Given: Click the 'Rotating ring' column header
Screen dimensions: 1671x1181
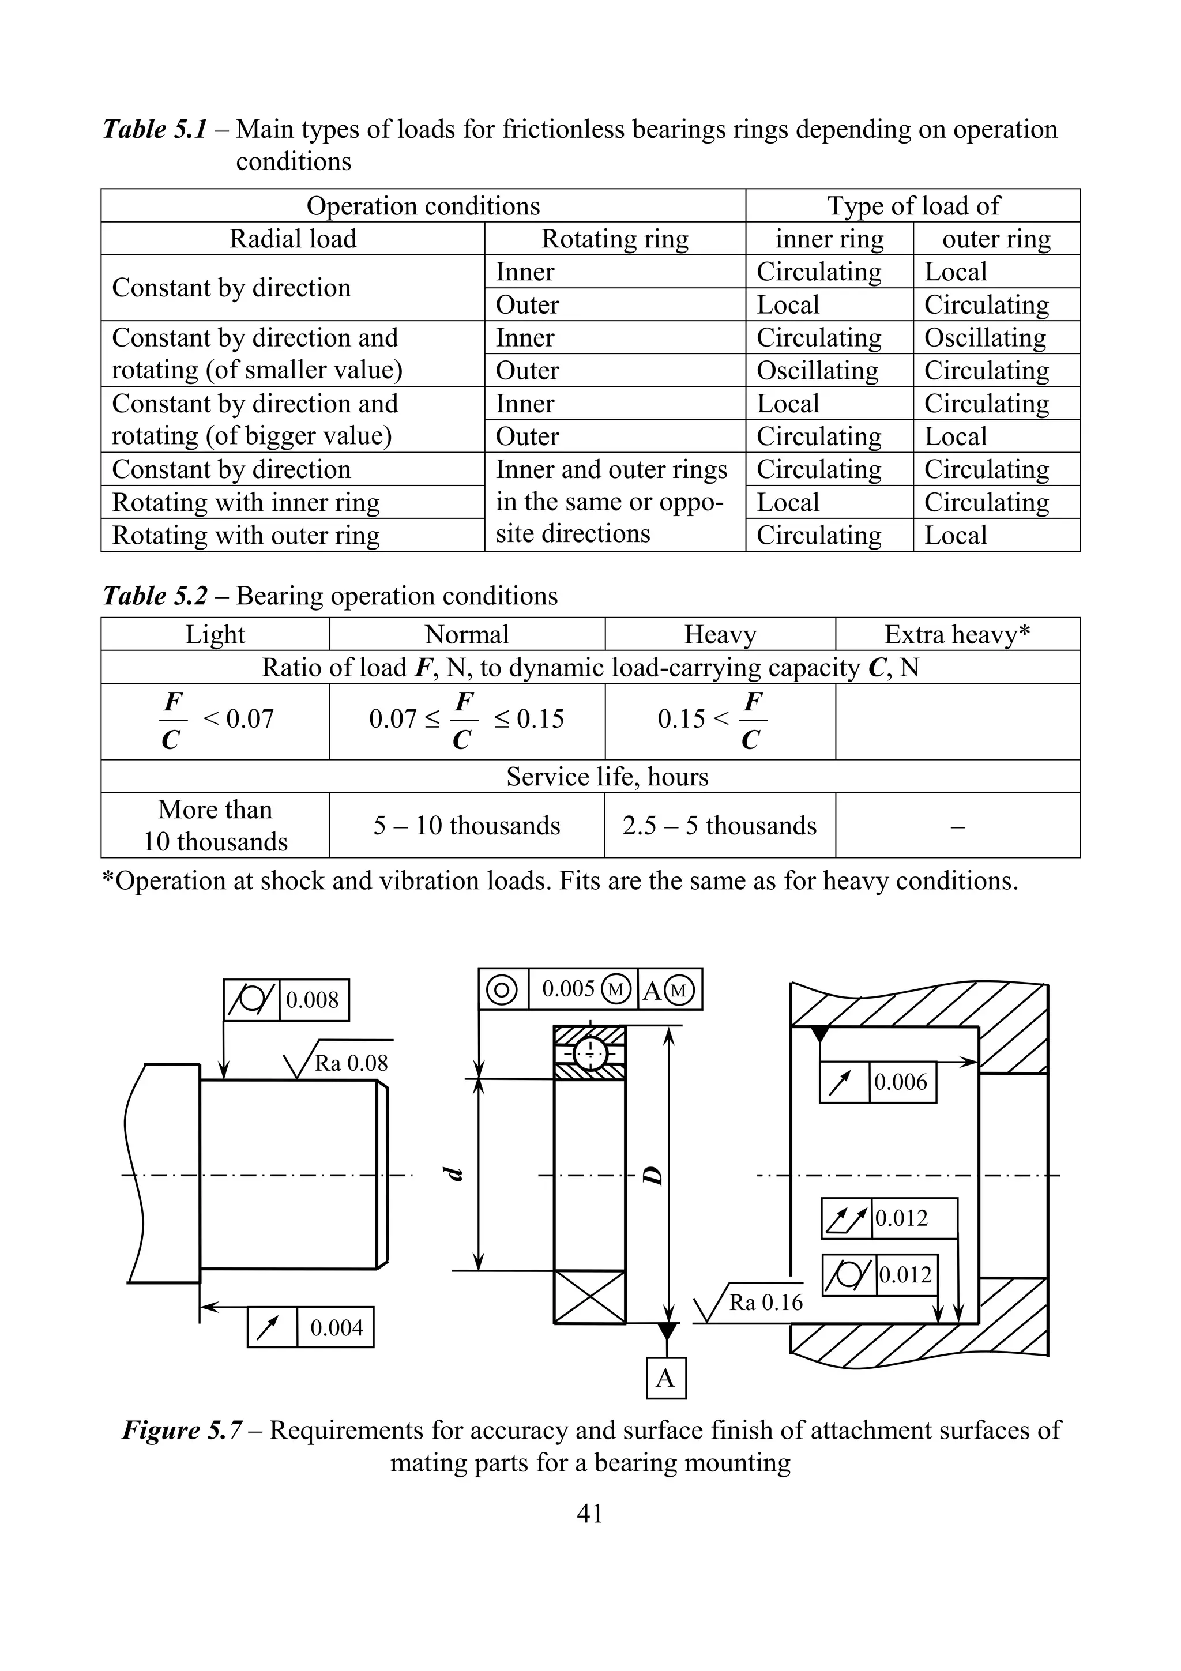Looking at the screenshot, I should pyautogui.click(x=614, y=239).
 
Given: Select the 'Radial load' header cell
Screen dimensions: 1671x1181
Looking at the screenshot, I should pyautogui.click(x=292, y=239).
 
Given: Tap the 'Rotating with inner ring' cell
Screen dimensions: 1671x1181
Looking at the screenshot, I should pyautogui.click(x=246, y=502).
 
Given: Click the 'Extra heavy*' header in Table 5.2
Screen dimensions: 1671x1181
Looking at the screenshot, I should pyautogui.click(x=957, y=635).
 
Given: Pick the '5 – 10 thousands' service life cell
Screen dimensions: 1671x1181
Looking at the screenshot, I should pyautogui.click(x=467, y=825).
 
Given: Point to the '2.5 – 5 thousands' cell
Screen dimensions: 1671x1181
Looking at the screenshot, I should pyautogui.click(x=719, y=825).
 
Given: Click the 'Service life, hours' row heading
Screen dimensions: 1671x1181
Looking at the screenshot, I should pyautogui.click(x=607, y=777).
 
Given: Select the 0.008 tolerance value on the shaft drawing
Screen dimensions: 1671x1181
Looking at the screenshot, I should pyautogui.click(x=312, y=999).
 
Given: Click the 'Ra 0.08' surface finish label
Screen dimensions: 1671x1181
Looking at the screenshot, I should pyautogui.click(x=351, y=1063).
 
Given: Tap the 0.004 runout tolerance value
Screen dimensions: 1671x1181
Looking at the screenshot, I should pyautogui.click(x=336, y=1327).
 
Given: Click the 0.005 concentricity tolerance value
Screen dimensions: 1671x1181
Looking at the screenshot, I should pyautogui.click(x=569, y=988).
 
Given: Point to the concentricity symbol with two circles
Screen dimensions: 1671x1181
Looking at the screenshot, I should pyautogui.click(x=502, y=989).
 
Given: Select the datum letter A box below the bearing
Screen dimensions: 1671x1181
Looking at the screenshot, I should pyautogui.click(x=666, y=1378).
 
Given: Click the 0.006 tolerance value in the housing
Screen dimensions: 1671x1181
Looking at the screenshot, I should pyautogui.click(x=900, y=1082).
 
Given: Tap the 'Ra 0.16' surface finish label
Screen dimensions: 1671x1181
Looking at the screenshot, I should pyautogui.click(x=765, y=1302).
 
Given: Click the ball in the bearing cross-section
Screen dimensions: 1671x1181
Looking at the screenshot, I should pyautogui.click(x=590, y=1052).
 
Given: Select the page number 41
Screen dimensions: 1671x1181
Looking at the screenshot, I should pyautogui.click(x=589, y=1514).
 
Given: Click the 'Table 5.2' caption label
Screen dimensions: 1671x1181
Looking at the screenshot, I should pyautogui.click(x=155, y=596).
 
